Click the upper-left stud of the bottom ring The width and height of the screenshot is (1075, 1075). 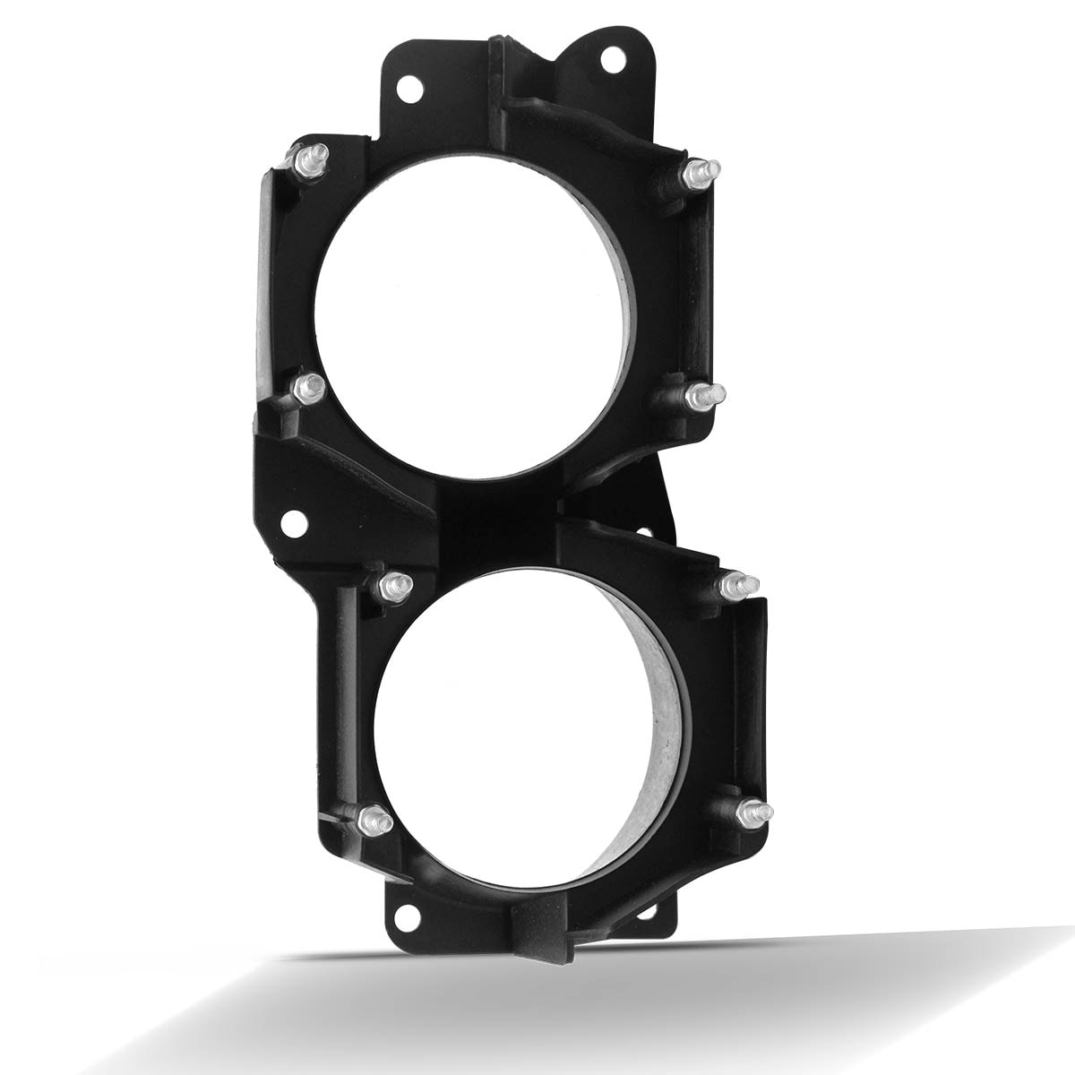click(x=391, y=584)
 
